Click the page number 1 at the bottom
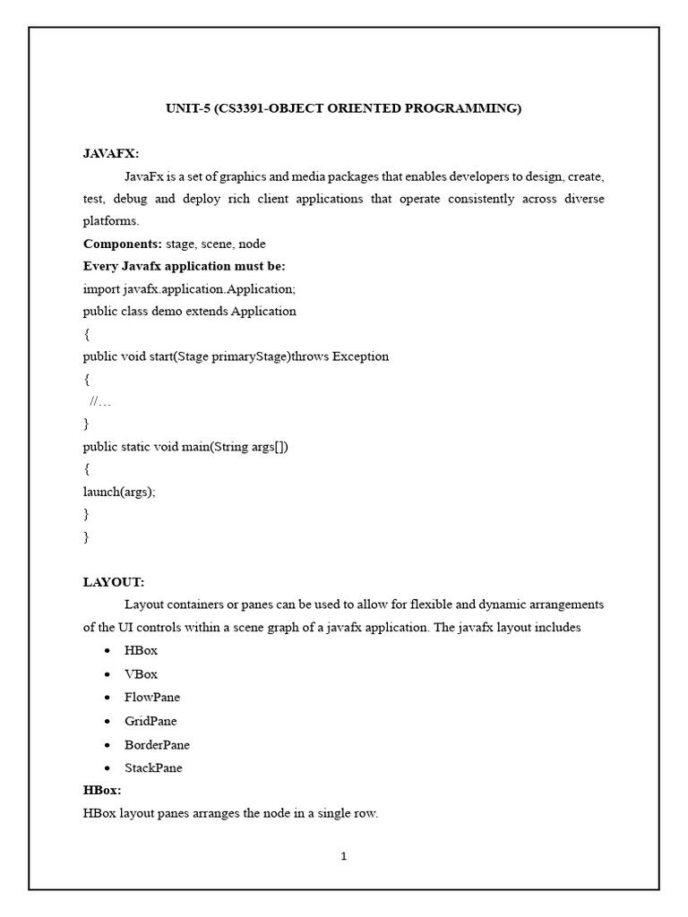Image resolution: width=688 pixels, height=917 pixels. (343, 856)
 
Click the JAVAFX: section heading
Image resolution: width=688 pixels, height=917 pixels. (111, 153)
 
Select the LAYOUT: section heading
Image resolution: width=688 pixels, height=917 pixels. (114, 581)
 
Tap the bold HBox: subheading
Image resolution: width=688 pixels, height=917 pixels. (102, 791)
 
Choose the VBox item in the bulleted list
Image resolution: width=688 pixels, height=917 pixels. (142, 674)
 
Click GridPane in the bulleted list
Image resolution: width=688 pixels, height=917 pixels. (151, 721)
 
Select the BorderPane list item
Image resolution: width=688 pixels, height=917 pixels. (158, 744)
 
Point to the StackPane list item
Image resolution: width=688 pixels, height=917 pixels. (154, 767)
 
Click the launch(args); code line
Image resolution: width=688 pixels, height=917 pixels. (119, 491)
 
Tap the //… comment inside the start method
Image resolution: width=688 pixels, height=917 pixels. (100, 401)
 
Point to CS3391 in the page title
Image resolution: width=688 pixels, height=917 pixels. (243, 108)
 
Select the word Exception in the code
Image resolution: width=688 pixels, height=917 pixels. (360, 356)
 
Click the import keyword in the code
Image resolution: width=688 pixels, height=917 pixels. (101, 289)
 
